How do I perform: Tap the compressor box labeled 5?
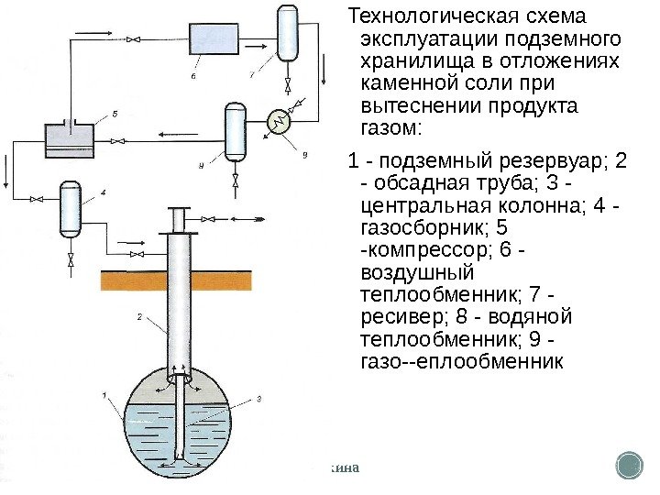point(71,140)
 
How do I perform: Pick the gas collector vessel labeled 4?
point(71,210)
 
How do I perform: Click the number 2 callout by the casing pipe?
point(139,317)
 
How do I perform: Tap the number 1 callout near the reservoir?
point(104,396)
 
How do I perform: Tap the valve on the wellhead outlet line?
point(210,219)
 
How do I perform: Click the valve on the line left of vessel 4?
point(36,199)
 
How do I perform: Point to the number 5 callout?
point(115,113)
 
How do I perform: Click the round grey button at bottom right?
point(630,465)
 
